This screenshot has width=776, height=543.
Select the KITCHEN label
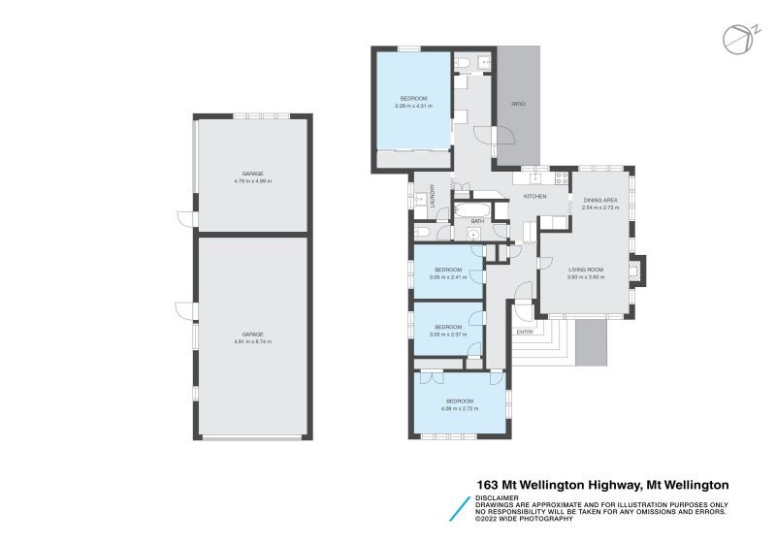(534, 197)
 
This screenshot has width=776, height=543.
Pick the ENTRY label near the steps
(525, 333)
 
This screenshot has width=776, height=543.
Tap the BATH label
(477, 222)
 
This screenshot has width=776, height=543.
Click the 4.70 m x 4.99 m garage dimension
(252, 181)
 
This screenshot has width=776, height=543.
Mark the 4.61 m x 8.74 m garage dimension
(252, 341)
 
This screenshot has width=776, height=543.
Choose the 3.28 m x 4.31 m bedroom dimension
(413, 106)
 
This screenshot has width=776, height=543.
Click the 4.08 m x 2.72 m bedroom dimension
(459, 408)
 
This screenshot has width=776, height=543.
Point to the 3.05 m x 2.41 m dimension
(448, 276)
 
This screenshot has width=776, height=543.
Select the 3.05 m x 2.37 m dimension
(448, 335)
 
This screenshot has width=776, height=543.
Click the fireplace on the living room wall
(636, 269)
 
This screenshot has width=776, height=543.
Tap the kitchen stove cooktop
(560, 176)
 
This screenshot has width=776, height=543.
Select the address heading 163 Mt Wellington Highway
(602, 485)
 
